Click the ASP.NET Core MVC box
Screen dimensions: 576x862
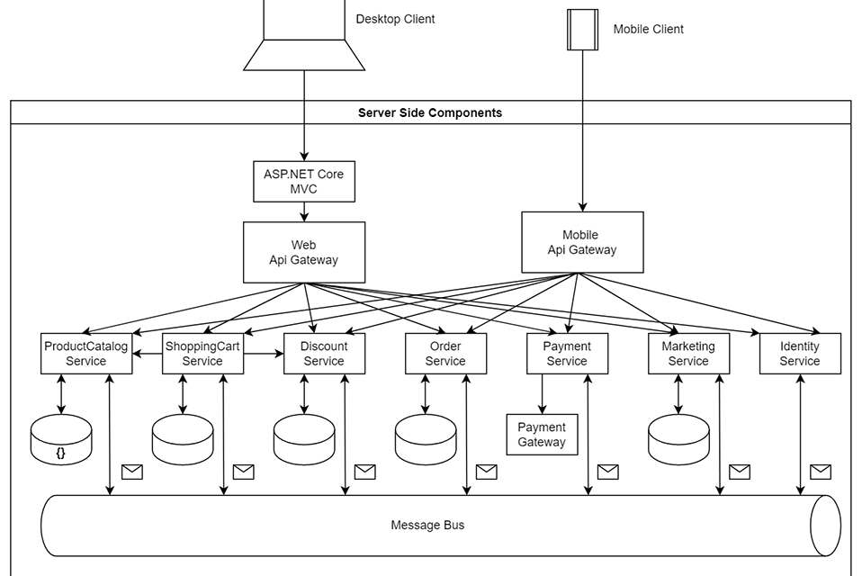[304, 181]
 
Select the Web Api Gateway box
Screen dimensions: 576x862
[304, 252]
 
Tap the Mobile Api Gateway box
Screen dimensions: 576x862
[582, 242]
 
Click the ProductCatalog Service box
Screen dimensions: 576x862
[86, 354]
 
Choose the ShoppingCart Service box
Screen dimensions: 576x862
[202, 354]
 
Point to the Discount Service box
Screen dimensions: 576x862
[324, 354]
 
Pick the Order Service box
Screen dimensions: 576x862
[445, 354]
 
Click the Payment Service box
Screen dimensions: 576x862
[567, 354]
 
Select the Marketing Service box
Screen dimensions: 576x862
[688, 354]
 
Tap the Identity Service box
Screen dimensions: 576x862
[800, 354]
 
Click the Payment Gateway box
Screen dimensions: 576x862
[542, 435]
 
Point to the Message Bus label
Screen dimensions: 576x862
[427, 525]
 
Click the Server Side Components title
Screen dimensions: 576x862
[430, 112]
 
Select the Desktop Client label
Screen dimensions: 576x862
[395, 19]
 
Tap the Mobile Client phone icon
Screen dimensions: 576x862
[582, 29]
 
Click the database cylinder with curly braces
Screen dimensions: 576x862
[61, 440]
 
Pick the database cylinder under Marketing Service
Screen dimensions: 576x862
[678, 440]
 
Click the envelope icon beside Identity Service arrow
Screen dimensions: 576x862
[820, 472]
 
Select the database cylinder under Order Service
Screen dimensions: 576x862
[426, 440]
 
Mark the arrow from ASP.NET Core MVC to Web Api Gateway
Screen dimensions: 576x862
[304, 211]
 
